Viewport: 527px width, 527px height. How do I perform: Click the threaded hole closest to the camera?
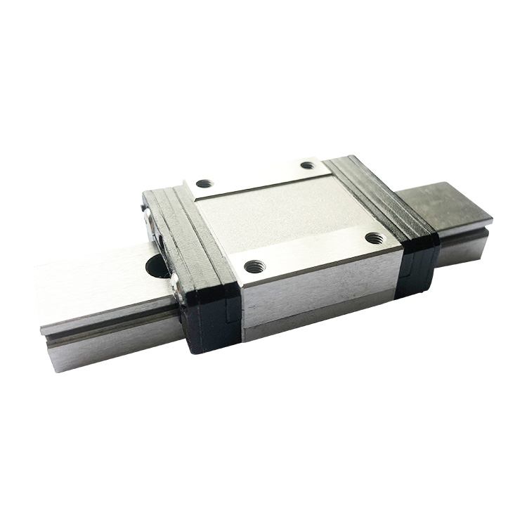254,266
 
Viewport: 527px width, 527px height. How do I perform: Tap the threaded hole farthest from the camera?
307,165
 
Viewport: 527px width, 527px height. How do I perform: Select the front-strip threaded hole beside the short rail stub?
375,238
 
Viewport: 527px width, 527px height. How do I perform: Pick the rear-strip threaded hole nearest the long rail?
204,184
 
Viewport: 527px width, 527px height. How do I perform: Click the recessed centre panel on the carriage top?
281,211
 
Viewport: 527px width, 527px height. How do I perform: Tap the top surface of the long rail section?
98,281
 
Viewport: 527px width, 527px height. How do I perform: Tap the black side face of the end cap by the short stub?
418,263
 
